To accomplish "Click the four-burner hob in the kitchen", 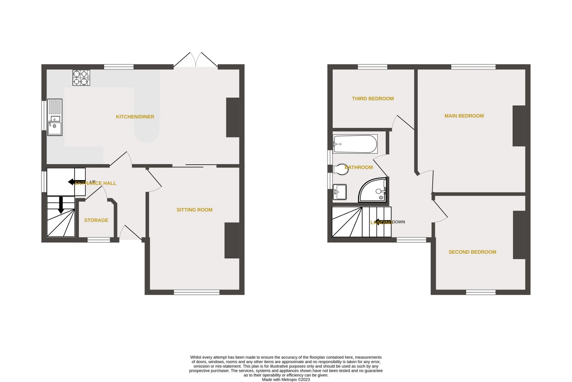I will (81, 78).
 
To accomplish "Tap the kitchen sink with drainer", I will (55, 117).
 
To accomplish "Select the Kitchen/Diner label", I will (135, 117).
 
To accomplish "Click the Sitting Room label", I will (194, 210).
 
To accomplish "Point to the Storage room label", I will (96, 220).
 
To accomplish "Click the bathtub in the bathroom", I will (355, 144).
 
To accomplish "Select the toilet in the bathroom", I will (340, 169).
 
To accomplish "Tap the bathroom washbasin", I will (340, 192).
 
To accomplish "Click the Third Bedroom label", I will (373, 99).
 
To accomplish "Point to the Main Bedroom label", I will (464, 116).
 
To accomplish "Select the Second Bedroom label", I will (472, 252).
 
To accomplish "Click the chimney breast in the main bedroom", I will (519, 126).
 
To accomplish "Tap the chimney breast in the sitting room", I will (232, 240).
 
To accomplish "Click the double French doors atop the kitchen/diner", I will (196, 60).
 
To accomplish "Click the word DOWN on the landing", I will (399, 222).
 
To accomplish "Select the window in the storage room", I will (99, 240).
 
